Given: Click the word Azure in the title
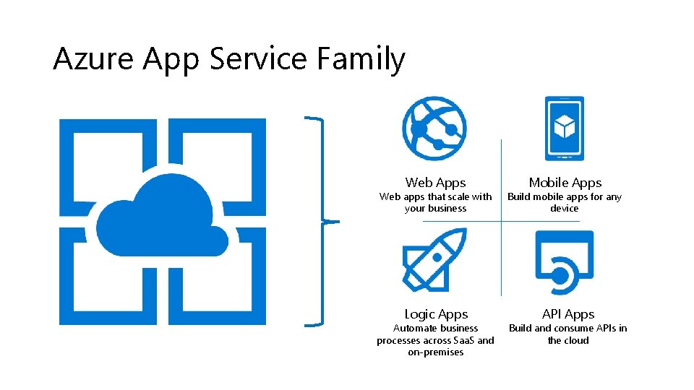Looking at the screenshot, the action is pyautogui.click(x=93, y=58).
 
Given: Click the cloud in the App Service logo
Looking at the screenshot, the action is pyautogui.click(x=162, y=216).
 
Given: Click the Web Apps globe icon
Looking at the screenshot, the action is pyautogui.click(x=434, y=129).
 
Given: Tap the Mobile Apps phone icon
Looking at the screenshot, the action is pyautogui.click(x=565, y=129).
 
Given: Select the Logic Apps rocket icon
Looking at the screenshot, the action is pyautogui.click(x=434, y=259).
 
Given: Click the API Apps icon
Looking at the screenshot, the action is pyautogui.click(x=565, y=262).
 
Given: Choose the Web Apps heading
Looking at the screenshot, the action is pyautogui.click(x=435, y=183).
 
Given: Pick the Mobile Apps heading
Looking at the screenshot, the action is pyautogui.click(x=565, y=183).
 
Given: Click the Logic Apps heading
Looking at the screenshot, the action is pyautogui.click(x=436, y=314).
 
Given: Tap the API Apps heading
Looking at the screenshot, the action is pyautogui.click(x=568, y=314).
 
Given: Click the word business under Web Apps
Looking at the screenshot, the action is pyautogui.click(x=446, y=208).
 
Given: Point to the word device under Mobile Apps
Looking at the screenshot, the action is pyautogui.click(x=565, y=208).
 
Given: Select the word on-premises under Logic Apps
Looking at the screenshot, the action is pyautogui.click(x=435, y=352).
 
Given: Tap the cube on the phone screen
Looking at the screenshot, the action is pyautogui.click(x=565, y=126).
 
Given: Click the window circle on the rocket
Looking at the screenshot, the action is pyautogui.click(x=437, y=257).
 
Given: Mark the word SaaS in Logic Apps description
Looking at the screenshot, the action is pyautogui.click(x=462, y=340).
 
